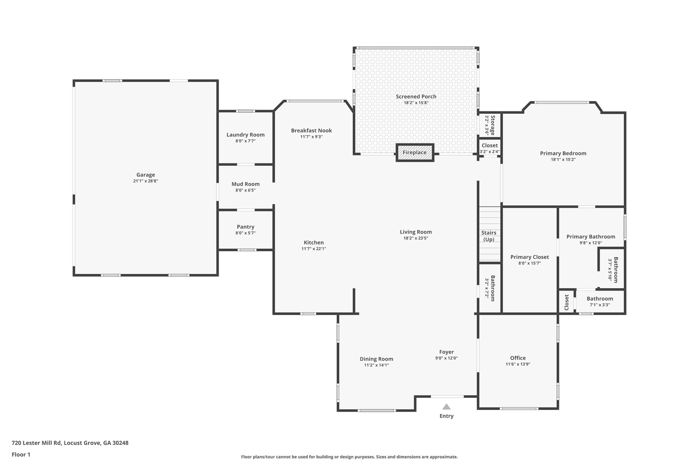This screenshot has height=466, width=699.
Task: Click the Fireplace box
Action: [x=415, y=153]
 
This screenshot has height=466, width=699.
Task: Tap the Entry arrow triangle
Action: [x=446, y=407]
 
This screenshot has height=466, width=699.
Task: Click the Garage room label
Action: [x=146, y=175]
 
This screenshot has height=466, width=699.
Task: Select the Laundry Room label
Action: [x=245, y=135]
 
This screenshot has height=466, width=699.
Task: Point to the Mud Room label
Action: [x=245, y=184]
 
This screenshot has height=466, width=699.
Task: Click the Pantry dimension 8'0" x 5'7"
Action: [x=245, y=233]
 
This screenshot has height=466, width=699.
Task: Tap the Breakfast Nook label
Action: [x=311, y=130]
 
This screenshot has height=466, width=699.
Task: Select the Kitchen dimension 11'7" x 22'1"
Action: [x=314, y=249]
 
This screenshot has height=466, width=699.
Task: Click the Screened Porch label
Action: [x=416, y=97]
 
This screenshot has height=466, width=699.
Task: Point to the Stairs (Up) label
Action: [x=489, y=236]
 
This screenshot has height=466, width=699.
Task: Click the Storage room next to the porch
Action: [x=490, y=125]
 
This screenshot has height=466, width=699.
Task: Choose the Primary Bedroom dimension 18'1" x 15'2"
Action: [x=563, y=159]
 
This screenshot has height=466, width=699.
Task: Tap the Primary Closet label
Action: [x=529, y=257]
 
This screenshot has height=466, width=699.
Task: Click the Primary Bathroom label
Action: [x=591, y=237]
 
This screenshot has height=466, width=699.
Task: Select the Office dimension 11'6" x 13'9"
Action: [x=518, y=364]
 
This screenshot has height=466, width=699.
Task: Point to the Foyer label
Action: [x=446, y=352]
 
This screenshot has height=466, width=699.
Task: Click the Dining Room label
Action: [x=376, y=359]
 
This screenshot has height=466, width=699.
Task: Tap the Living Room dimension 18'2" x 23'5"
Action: [x=416, y=238]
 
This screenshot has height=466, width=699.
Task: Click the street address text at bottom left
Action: [x=70, y=443]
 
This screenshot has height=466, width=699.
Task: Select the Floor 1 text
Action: [x=21, y=454]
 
